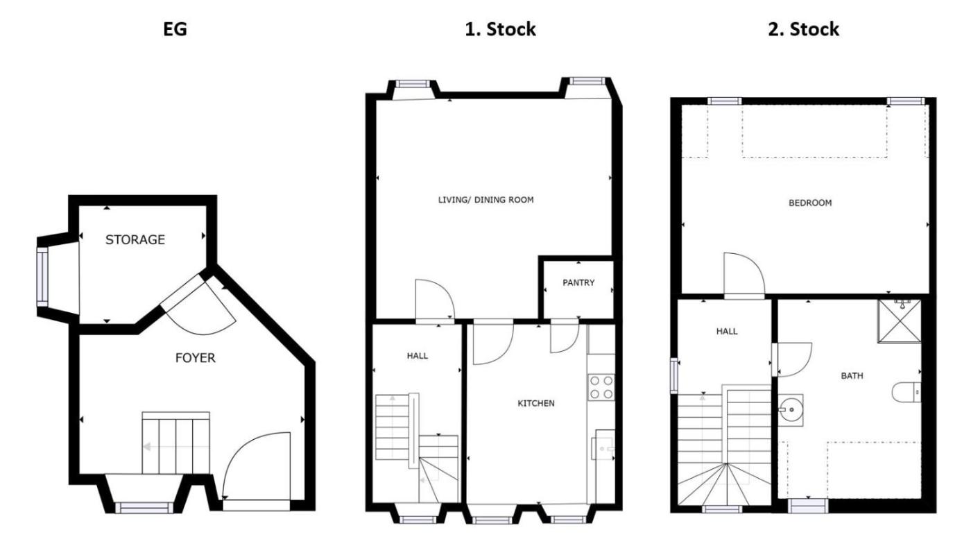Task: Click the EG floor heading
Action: click(175, 30)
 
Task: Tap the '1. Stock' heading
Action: click(500, 30)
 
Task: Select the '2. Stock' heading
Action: click(803, 30)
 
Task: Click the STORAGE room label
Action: click(135, 239)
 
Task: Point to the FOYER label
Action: click(195, 358)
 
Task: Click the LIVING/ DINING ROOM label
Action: click(486, 200)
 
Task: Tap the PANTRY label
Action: click(578, 283)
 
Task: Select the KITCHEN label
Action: click(535, 403)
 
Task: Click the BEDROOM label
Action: click(810, 203)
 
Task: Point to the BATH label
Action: click(852, 376)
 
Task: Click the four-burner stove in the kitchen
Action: click(601, 387)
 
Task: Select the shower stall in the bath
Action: click(900, 321)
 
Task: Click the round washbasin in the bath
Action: click(791, 409)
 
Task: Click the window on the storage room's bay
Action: click(42, 277)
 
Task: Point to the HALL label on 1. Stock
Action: click(418, 356)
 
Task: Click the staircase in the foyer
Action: click(176, 443)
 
